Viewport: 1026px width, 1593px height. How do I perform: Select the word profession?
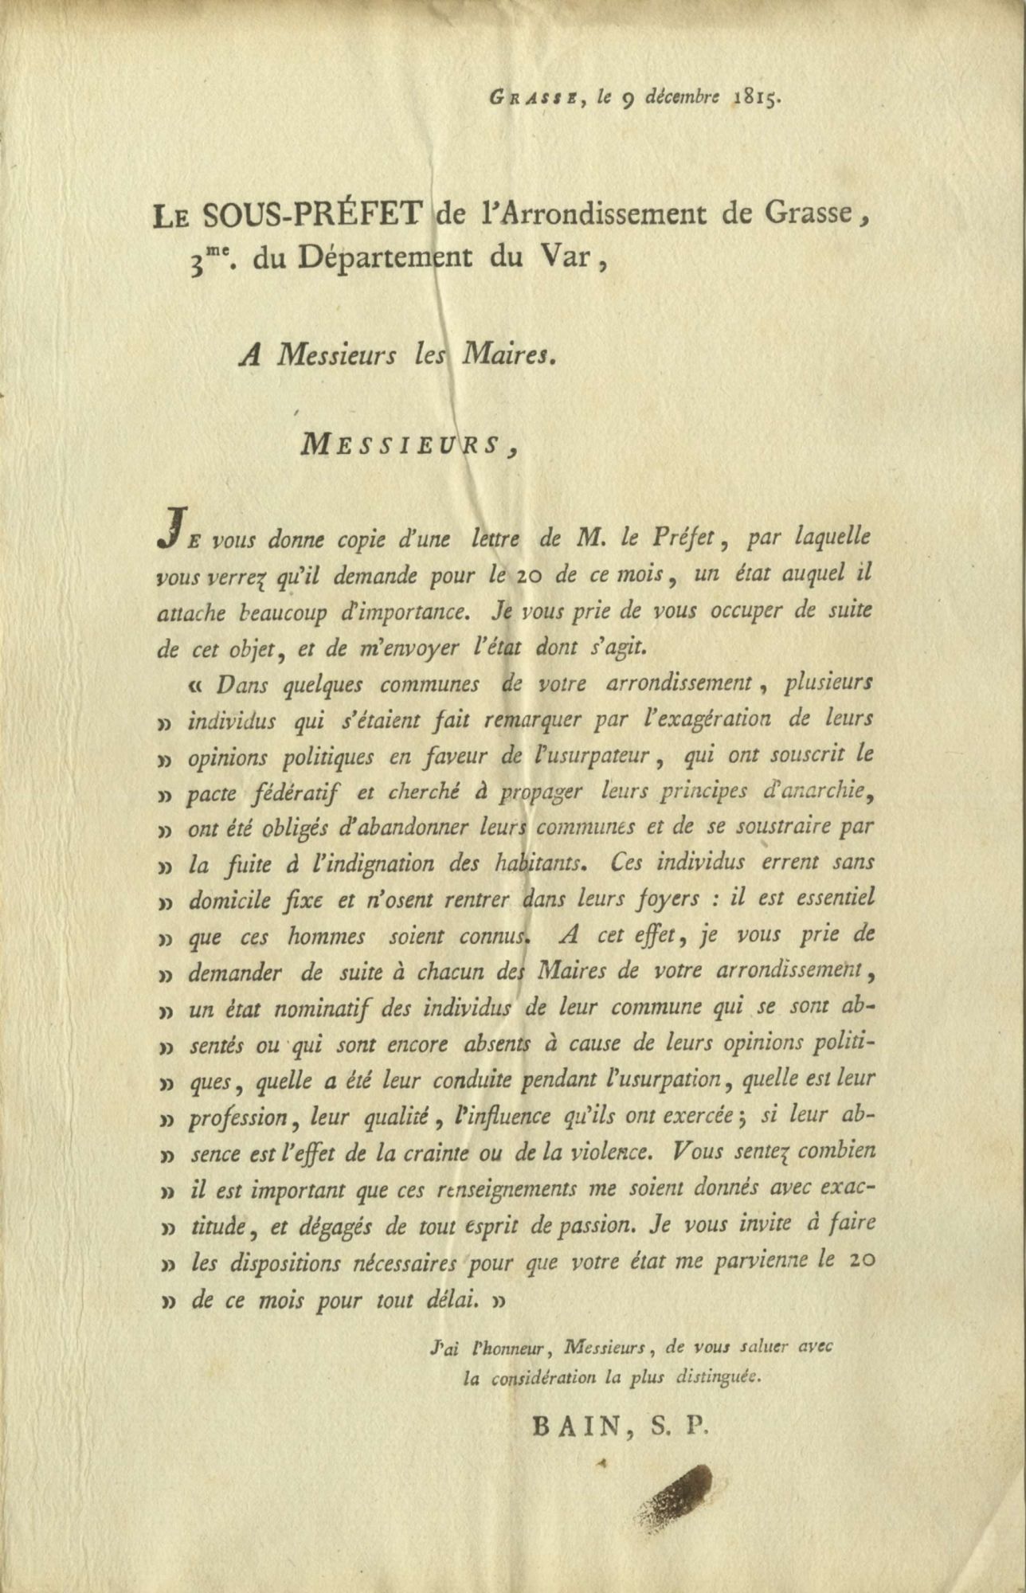[x=237, y=1117]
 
